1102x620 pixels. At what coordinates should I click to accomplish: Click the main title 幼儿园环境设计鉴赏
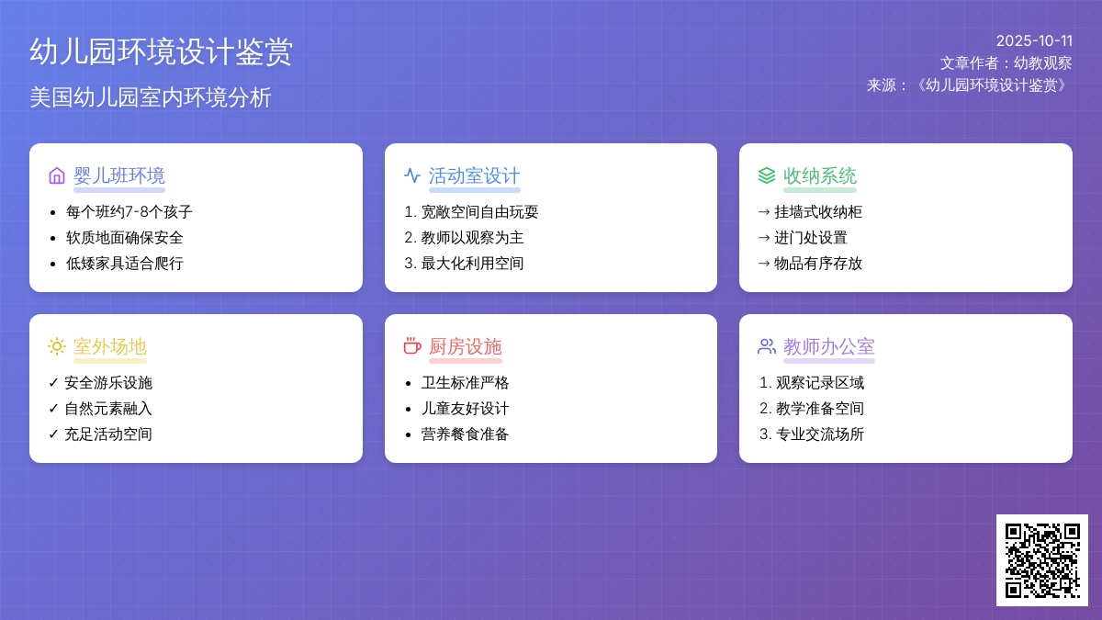pos(161,51)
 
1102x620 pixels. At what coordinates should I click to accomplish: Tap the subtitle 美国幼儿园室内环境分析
pos(150,97)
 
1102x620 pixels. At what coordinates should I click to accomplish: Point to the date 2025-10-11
pos(1034,40)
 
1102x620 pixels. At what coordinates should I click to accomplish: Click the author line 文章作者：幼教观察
pos(1006,63)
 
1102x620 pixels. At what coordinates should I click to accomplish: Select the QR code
pos(1042,560)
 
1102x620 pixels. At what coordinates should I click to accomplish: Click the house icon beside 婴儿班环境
pos(57,175)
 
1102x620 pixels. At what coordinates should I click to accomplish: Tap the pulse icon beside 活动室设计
pos(411,175)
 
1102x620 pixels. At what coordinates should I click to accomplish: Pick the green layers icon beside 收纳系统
pos(767,175)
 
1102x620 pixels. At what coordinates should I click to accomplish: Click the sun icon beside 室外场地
pos(57,346)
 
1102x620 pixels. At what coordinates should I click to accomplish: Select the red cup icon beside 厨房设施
pos(412,346)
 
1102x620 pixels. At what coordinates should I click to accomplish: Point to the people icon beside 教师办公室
pos(767,346)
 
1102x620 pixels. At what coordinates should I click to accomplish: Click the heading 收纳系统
pos(819,175)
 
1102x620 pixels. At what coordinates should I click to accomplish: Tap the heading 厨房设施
pos(465,346)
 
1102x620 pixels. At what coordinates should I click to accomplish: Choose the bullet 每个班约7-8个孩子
pos(129,212)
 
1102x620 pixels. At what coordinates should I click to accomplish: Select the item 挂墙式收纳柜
pos(817,212)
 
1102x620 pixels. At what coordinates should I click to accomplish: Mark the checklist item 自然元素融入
pos(108,409)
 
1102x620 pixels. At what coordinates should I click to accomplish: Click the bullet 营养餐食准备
pos(465,434)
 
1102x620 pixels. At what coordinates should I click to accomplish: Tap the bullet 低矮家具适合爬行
pos(125,264)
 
